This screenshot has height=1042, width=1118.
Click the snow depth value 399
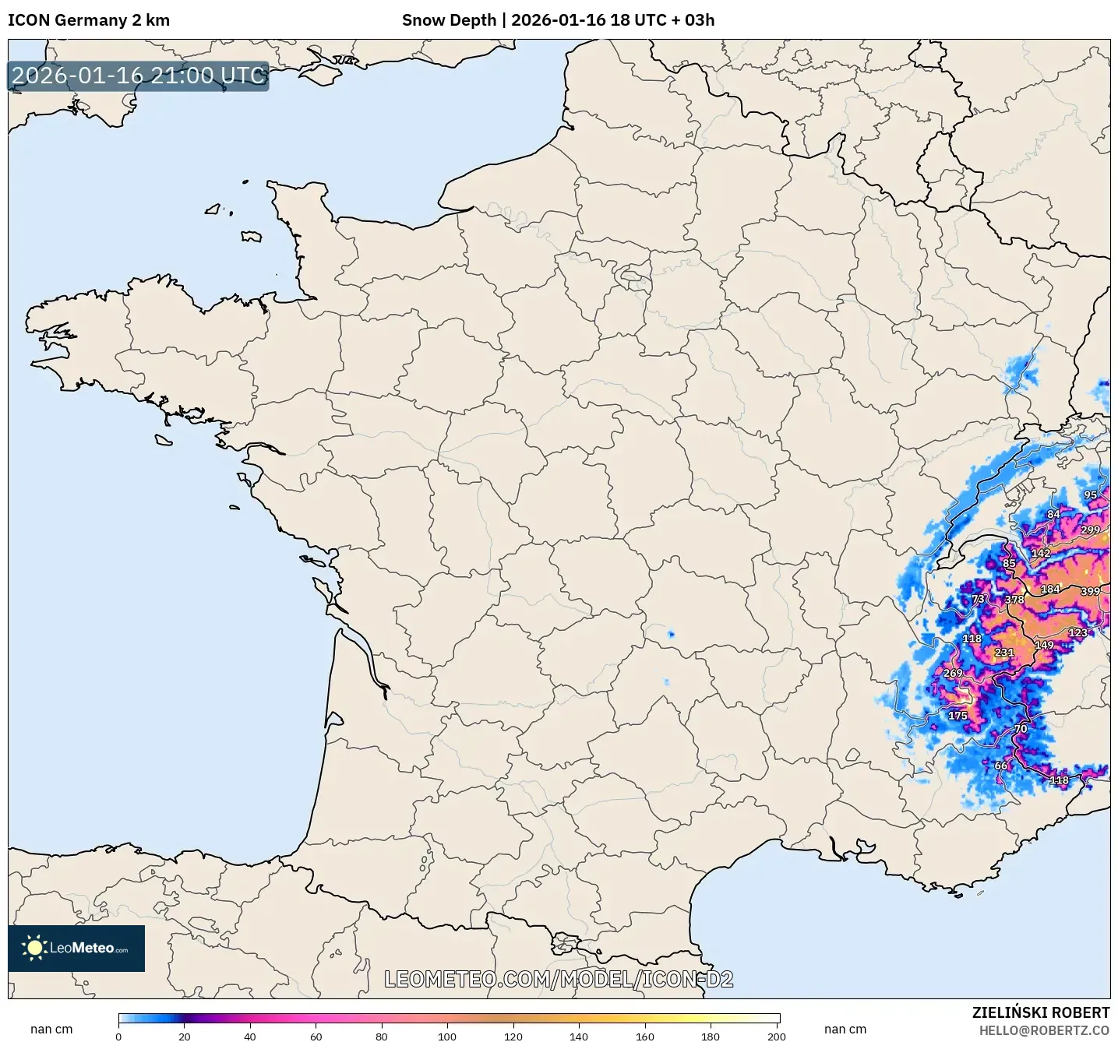(1090, 591)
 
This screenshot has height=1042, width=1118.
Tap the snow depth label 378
(1014, 600)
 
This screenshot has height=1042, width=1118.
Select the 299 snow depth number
(1090, 530)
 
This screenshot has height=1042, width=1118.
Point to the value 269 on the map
(953, 673)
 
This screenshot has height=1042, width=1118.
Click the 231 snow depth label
(1004, 653)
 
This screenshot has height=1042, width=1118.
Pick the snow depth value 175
(958, 716)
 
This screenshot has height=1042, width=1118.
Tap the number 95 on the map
(1090, 495)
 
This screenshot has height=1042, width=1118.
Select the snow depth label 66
(1001, 766)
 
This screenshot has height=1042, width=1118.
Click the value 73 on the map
(978, 599)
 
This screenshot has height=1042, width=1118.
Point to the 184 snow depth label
(1050, 589)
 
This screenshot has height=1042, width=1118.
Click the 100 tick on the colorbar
(447, 1036)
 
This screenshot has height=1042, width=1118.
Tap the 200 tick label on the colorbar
(776, 1036)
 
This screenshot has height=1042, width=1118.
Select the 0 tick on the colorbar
(118, 1036)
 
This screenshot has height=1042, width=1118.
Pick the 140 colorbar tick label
(579, 1036)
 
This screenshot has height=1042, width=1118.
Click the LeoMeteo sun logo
(34, 948)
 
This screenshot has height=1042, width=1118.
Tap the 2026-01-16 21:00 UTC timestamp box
(139, 76)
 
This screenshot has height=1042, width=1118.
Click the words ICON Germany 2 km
(89, 20)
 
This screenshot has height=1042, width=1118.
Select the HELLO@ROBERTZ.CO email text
(1044, 1030)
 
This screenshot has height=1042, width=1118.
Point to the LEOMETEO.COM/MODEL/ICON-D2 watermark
(559, 979)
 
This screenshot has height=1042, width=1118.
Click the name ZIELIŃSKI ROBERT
(1041, 1012)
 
